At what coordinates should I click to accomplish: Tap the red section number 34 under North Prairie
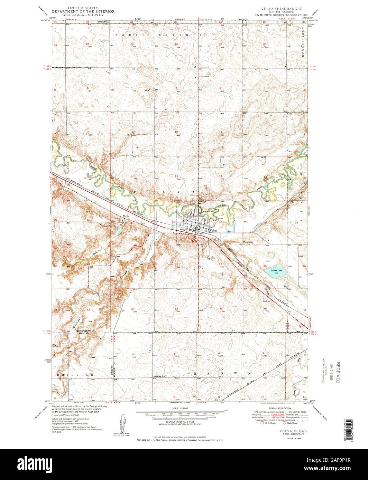coord(176,44)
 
